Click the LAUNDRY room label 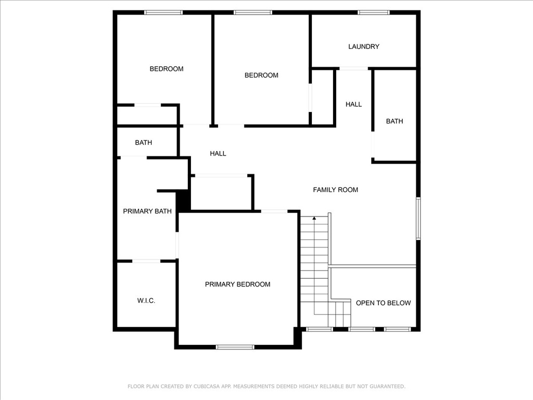tap(364, 46)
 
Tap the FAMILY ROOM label tap(336, 190)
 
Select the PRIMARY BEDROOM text tap(237, 284)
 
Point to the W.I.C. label tap(146, 301)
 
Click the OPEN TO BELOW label tap(384, 303)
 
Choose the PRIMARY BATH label tap(147, 211)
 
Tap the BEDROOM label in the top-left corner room tap(167, 69)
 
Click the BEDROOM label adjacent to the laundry tap(261, 76)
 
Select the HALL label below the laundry tap(353, 104)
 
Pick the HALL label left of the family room tap(218, 154)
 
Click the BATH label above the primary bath tap(144, 143)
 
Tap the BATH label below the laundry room tap(395, 121)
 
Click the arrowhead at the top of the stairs tap(314, 218)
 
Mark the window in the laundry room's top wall tap(374, 12)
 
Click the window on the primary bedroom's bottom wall tap(235, 347)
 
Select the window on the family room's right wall tap(418, 219)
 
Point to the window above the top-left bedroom tap(163, 12)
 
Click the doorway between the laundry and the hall tap(353, 69)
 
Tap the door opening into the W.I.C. tap(146, 261)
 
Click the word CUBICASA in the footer tap(207, 386)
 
